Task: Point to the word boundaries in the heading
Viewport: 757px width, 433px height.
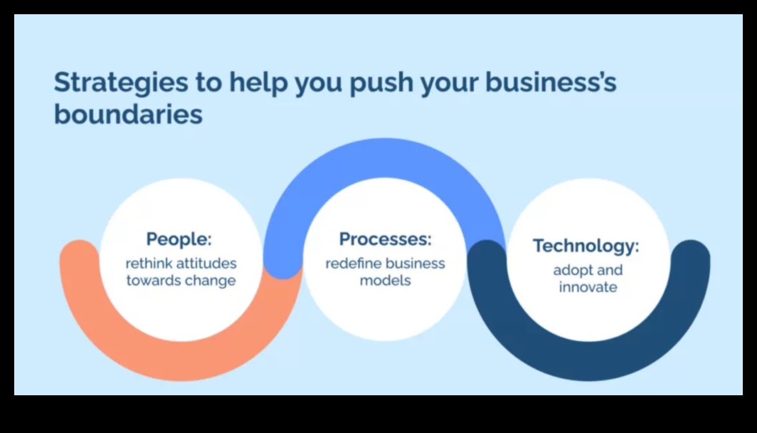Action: (x=128, y=114)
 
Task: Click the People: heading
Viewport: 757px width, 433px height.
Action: (x=179, y=239)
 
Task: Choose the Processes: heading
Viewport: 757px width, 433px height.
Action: (x=385, y=239)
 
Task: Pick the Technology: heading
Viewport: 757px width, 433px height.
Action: (x=586, y=246)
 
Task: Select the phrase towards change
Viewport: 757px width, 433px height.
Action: (x=181, y=280)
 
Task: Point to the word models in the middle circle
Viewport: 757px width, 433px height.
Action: (x=385, y=280)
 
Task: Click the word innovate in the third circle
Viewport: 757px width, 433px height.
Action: (x=588, y=287)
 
